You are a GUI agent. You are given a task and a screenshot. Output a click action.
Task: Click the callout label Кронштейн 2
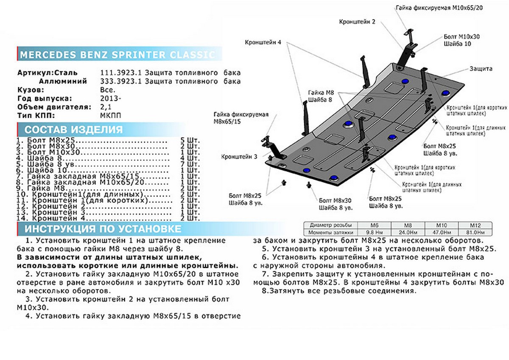357,22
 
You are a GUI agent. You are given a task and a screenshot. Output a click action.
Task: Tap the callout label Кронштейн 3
239,156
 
